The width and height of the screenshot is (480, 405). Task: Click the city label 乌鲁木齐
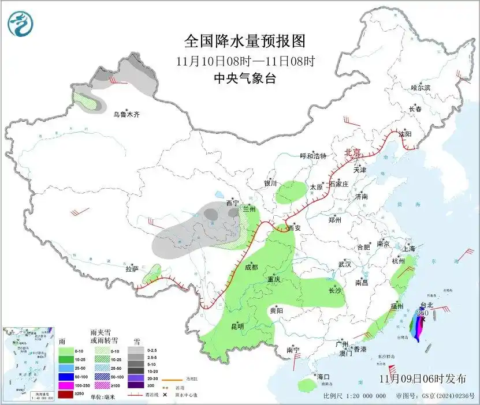pyautogui.click(x=126, y=115)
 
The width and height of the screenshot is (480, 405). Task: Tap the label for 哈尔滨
pyautogui.click(x=421, y=87)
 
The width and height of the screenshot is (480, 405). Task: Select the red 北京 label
pyautogui.click(x=352, y=152)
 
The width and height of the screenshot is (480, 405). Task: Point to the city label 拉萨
pyautogui.click(x=132, y=269)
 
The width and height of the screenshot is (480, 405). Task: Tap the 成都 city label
pyautogui.click(x=251, y=267)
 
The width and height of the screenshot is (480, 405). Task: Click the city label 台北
pyautogui.click(x=426, y=305)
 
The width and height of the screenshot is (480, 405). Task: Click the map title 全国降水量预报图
pyautogui.click(x=244, y=41)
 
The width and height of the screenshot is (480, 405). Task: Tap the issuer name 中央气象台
pyautogui.click(x=244, y=79)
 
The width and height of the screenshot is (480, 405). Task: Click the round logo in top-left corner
pyautogui.click(x=21, y=24)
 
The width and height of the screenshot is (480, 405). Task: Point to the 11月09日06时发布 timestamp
pyautogui.click(x=423, y=378)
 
